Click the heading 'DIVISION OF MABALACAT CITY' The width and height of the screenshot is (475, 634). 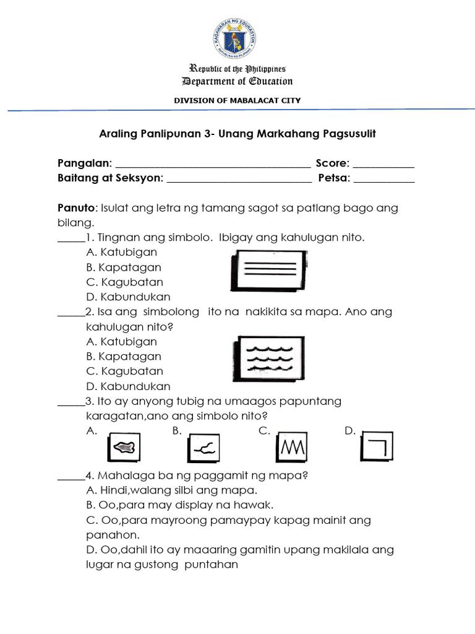coord(237,100)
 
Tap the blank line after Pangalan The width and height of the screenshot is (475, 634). coord(213,165)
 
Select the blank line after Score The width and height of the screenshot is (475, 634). coord(383,165)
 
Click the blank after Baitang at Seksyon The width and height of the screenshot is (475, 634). coord(239,180)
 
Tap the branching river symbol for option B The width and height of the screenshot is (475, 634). coord(205,447)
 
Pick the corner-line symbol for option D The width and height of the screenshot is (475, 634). coord(378,445)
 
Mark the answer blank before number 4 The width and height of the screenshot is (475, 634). coord(70,477)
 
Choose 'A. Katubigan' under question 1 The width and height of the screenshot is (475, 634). coord(121,253)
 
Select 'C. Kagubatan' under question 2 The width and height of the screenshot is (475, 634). coord(124,371)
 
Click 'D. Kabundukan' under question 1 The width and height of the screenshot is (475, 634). coord(128,297)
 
